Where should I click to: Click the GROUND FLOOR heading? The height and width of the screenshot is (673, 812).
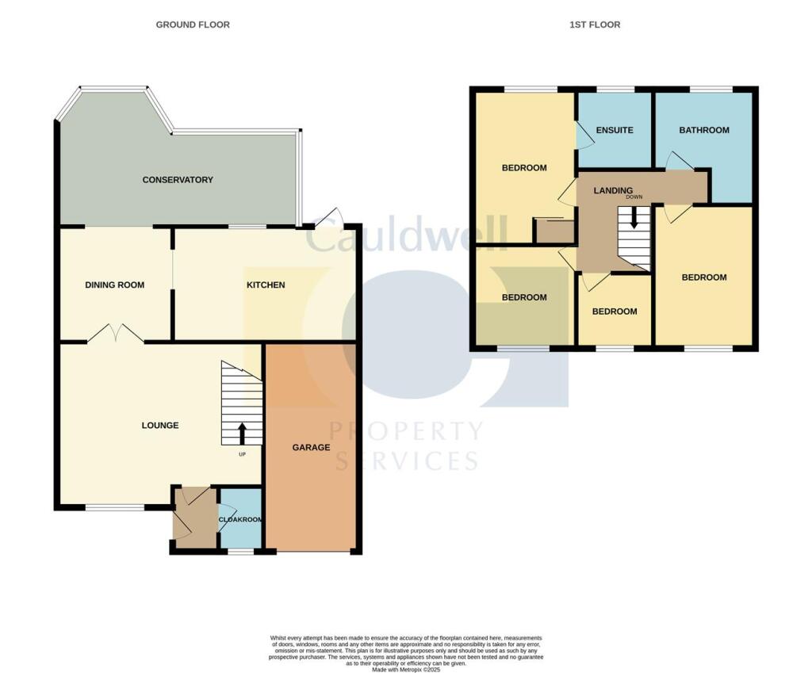click(193, 25)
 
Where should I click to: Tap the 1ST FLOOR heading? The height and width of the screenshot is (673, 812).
click(595, 25)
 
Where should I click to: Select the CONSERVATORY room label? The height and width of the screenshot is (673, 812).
click(178, 180)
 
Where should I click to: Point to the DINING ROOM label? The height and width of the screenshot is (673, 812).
click(115, 285)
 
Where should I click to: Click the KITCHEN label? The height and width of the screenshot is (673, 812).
click(266, 285)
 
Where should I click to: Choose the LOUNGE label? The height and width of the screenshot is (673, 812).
click(160, 426)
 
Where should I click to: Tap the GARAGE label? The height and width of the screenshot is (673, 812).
click(311, 448)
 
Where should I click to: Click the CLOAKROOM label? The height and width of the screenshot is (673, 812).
click(241, 520)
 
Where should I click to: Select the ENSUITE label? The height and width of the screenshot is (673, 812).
click(615, 130)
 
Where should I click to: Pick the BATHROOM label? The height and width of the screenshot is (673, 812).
click(703, 130)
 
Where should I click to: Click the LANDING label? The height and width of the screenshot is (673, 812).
click(614, 190)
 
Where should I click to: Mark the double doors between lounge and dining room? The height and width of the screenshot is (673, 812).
click(116, 335)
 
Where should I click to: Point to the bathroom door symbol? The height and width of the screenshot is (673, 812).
click(679, 162)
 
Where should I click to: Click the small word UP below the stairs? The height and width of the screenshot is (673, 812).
click(242, 454)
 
